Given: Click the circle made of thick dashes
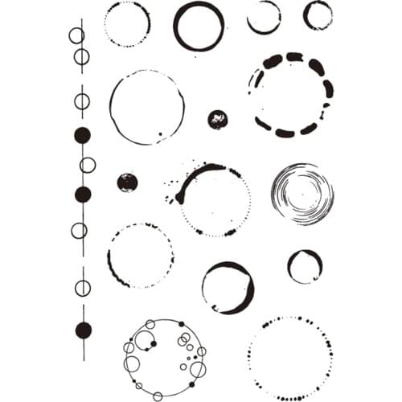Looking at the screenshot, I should click(290, 95).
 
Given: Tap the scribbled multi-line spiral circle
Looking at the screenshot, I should click(302, 194).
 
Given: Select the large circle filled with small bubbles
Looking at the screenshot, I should click(165, 358).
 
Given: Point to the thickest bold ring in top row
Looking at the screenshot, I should click(199, 27).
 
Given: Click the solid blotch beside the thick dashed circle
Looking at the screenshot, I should click(217, 119).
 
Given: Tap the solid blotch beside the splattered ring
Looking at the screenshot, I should click(127, 183).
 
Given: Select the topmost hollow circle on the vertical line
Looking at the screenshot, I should click(76, 35).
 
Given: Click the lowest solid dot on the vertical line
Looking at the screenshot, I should click(83, 330).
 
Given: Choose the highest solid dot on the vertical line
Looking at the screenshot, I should click(82, 135).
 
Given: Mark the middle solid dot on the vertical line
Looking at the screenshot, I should click(82, 194).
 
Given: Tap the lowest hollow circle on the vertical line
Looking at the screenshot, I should click(83, 286).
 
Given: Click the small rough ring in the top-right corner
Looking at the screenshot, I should click(318, 15).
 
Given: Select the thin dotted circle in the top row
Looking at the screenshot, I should click(127, 24).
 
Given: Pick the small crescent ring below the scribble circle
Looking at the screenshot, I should click(305, 266).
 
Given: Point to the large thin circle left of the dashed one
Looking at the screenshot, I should click(146, 108).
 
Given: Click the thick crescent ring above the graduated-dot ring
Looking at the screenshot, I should click(228, 287).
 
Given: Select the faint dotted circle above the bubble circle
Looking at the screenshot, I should click(140, 256).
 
